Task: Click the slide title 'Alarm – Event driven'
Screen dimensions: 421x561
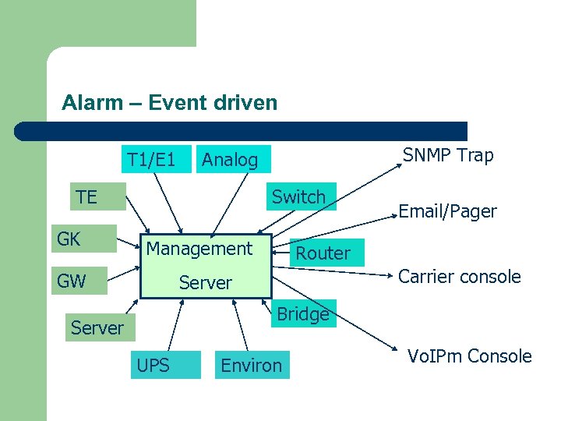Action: (169, 102)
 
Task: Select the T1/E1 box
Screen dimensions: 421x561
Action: (151, 160)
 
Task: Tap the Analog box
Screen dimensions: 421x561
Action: (230, 160)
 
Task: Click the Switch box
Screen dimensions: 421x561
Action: (298, 196)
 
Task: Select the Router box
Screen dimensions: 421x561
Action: (323, 253)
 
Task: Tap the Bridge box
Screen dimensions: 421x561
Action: (303, 313)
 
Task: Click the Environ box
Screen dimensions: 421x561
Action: (252, 365)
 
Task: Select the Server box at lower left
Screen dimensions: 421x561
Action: (97, 327)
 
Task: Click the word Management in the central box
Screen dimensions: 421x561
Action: (199, 249)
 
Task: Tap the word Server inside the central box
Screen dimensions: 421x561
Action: (206, 282)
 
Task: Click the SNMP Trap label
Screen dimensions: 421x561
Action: (448, 155)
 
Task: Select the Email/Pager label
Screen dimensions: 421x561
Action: (447, 211)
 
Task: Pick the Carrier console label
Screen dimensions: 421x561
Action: (459, 276)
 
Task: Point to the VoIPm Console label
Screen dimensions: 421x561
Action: (469, 356)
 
